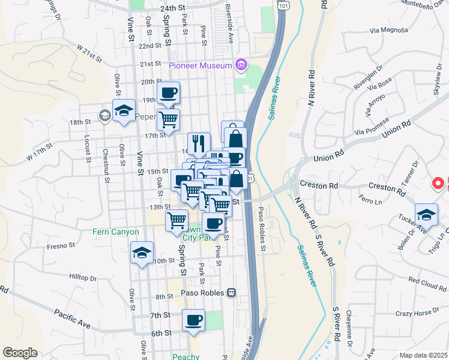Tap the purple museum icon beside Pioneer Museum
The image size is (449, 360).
[241, 64]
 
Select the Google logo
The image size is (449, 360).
[20, 353]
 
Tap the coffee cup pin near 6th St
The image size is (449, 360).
[193, 320]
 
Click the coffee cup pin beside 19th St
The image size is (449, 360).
[168, 94]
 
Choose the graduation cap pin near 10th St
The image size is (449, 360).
[142, 253]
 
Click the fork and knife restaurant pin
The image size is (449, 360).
[199, 144]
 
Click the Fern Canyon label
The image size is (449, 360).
[116, 232]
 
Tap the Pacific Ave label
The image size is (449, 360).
[72, 319]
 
